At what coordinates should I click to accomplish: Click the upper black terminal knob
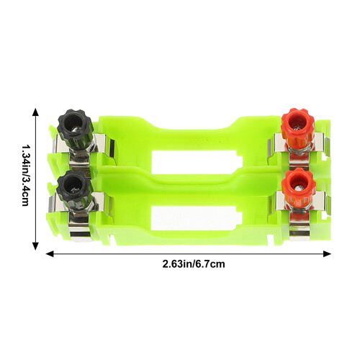pos(75,126)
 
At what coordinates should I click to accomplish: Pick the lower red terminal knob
pos(298,186)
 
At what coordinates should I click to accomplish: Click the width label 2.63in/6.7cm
pos(194,264)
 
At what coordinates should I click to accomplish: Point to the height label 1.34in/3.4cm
pos(25,175)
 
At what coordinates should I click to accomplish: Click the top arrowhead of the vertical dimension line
pos(35,112)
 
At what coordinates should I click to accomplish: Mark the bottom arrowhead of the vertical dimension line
pos(35,246)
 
